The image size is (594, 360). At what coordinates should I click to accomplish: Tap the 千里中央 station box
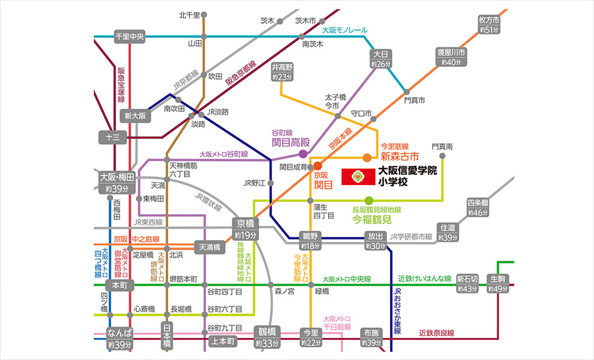(x=130, y=37)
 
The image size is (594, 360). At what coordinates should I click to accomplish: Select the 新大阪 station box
(x=135, y=116)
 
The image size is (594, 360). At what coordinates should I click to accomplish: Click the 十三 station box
(x=113, y=136)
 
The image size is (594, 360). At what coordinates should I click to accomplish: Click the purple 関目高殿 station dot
(x=303, y=153)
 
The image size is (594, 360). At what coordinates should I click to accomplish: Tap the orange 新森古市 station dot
(x=367, y=157)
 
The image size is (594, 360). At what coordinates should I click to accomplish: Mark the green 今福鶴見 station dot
(x=369, y=201)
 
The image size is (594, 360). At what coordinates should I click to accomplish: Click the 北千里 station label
(x=189, y=15)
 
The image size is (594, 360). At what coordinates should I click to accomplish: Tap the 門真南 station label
(x=442, y=146)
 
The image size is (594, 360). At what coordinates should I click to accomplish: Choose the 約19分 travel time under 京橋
(x=245, y=235)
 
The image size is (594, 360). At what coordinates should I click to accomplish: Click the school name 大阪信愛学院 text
(x=408, y=171)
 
